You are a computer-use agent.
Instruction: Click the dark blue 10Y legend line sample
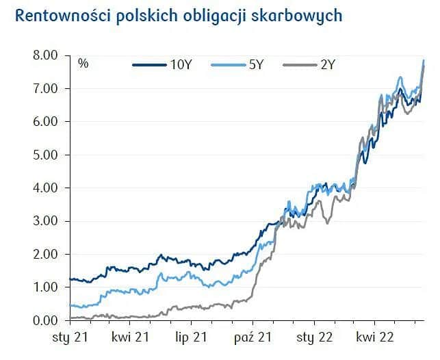[148, 65]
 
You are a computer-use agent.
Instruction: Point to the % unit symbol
[83, 64]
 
